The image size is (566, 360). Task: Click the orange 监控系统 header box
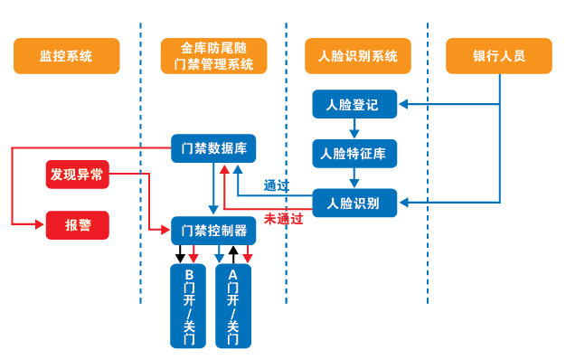(67, 56)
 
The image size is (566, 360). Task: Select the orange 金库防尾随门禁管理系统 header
(212, 56)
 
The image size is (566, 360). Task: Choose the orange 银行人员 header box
(499, 56)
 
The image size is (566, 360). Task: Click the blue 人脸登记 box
(354, 105)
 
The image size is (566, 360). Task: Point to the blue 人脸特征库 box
(354, 153)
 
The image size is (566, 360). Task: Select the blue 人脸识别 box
(354, 203)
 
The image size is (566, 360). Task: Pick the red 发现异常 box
(77, 174)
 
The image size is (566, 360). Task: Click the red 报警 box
(77, 224)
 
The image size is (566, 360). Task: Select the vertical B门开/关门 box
(189, 308)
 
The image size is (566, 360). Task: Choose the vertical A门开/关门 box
(233, 308)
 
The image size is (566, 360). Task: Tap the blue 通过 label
(276, 185)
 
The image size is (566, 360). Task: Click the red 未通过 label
(282, 218)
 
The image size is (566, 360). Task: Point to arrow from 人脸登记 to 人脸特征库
(354, 128)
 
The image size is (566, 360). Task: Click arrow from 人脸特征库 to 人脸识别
(354, 177)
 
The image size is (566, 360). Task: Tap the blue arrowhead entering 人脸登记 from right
(403, 105)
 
